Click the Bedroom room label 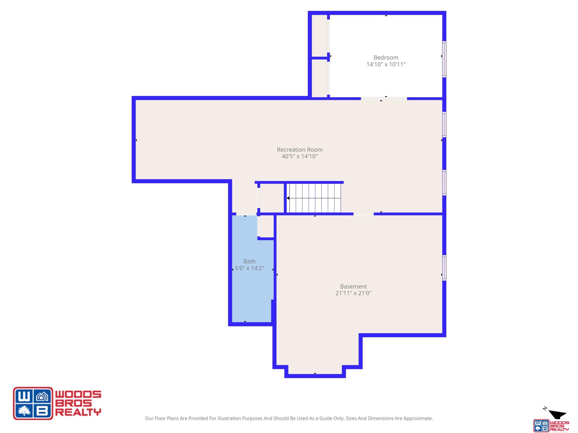click(x=386, y=58)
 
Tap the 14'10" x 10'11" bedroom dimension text click(x=386, y=64)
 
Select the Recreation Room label click(x=300, y=150)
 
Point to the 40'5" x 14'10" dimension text click(x=300, y=156)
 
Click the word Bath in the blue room click(x=249, y=261)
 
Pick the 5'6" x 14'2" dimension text click(x=249, y=268)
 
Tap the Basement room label click(x=353, y=286)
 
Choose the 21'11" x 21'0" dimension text click(x=353, y=293)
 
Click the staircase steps click(x=314, y=198)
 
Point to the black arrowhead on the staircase click(x=288, y=198)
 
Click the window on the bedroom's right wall click(x=444, y=59)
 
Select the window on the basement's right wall click(x=444, y=268)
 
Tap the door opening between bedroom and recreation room click(x=384, y=99)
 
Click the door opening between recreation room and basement click(x=363, y=214)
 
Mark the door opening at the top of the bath click(x=246, y=214)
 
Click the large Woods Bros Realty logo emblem click(x=33, y=403)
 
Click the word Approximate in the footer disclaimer click(x=418, y=418)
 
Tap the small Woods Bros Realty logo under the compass click(x=551, y=425)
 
